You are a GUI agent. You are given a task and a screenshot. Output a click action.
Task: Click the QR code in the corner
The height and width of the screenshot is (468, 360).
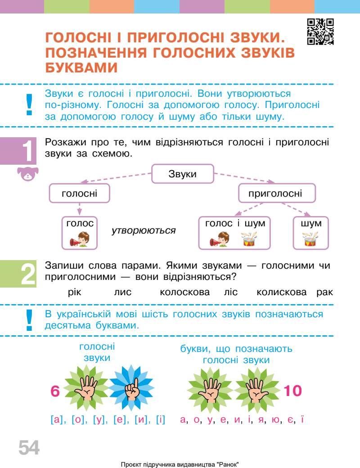(x=320, y=31)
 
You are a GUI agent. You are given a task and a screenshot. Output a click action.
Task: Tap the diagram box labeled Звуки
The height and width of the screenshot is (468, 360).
(x=182, y=174)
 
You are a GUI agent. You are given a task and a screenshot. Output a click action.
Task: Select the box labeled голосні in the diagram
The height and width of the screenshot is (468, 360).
(x=80, y=194)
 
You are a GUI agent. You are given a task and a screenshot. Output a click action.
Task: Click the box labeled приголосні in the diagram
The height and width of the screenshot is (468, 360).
(x=275, y=194)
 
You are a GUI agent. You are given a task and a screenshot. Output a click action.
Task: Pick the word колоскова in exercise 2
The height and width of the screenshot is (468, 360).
(x=185, y=292)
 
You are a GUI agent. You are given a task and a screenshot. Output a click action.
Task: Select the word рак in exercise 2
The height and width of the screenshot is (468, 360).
(x=324, y=292)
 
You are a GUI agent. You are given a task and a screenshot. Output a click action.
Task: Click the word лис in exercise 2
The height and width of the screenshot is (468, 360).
(x=123, y=292)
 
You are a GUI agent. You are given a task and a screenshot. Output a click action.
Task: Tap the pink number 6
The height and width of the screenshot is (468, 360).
(x=55, y=391)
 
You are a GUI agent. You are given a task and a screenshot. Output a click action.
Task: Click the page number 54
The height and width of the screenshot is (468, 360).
(x=29, y=448)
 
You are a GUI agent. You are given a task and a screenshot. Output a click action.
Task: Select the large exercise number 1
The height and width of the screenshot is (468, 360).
(x=28, y=152)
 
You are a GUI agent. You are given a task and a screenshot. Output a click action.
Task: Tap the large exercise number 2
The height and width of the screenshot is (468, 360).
(x=28, y=274)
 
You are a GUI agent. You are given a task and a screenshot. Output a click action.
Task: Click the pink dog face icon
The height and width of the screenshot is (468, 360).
(x=28, y=174)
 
